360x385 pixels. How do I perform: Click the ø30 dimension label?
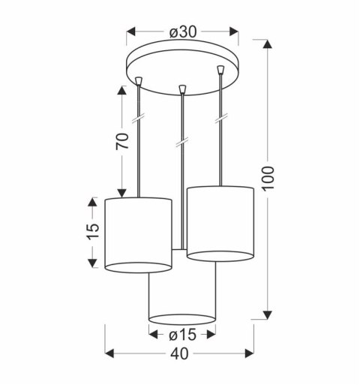click(x=182, y=32)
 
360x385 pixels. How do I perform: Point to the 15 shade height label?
click(x=91, y=232)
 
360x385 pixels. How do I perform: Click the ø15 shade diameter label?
click(x=182, y=335)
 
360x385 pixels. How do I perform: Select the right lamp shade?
click(x=221, y=223)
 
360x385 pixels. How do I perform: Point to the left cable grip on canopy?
click(x=140, y=78)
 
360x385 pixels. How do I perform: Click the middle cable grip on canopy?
click(x=181, y=90)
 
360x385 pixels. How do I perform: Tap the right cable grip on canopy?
click(x=220, y=71)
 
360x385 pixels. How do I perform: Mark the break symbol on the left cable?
click(x=139, y=121)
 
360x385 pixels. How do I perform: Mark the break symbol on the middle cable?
click(x=181, y=141)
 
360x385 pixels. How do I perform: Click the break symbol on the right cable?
click(x=221, y=119)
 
